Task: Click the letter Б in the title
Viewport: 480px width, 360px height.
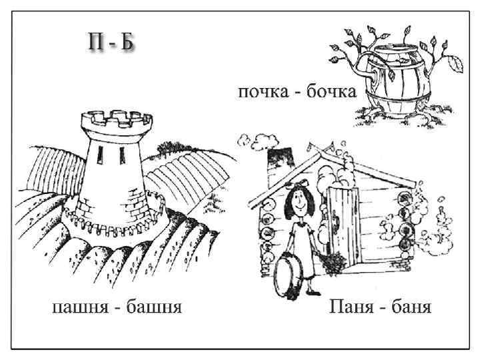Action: pyautogui.click(x=127, y=42)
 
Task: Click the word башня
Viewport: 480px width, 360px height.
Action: pyautogui.click(x=151, y=307)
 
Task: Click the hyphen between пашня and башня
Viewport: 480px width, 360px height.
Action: pyautogui.click(x=115, y=308)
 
